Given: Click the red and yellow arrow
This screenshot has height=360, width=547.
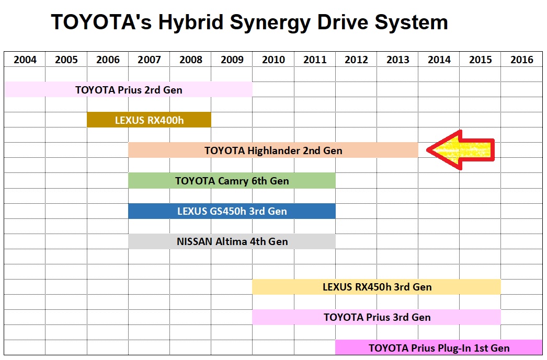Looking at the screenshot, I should pyautogui.click(x=460, y=150).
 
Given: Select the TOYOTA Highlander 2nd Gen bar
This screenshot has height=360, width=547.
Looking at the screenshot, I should pyautogui.click(x=273, y=150).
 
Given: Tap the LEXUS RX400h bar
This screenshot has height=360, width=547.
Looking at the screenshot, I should pyautogui.click(x=149, y=120).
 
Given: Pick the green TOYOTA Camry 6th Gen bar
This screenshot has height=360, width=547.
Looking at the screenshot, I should pyautogui.click(x=232, y=181).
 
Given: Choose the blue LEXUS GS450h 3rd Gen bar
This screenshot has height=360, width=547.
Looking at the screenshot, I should pyautogui.click(x=232, y=211).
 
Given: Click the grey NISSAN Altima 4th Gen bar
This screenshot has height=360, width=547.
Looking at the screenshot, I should pyautogui.click(x=232, y=241).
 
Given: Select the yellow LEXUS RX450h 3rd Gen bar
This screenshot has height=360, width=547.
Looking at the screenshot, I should pyautogui.click(x=377, y=287).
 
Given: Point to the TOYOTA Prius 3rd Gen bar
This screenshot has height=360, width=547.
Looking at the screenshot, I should pyautogui.click(x=377, y=317).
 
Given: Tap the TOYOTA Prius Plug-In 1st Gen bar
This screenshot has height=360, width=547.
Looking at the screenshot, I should pyautogui.click(x=439, y=347).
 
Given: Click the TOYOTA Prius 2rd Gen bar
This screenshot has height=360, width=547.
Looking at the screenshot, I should pyautogui.click(x=129, y=89).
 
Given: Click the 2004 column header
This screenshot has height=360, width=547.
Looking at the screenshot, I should pyautogui.click(x=25, y=60).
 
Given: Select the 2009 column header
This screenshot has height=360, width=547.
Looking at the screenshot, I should pyautogui.click(x=232, y=60).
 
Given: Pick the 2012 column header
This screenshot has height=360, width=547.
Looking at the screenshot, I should pyautogui.click(x=356, y=60).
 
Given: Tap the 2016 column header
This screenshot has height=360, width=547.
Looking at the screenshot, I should pyautogui.click(x=522, y=60).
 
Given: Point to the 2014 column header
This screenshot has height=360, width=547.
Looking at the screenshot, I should pyautogui.click(x=439, y=60).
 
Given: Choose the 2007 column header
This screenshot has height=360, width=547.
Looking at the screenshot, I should pyautogui.click(x=149, y=60).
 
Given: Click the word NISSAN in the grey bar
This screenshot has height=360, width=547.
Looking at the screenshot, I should pyautogui.click(x=195, y=241).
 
